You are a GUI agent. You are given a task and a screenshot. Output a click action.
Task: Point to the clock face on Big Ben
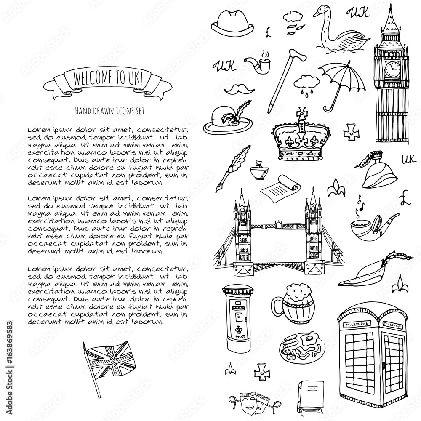click(392, 67)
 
